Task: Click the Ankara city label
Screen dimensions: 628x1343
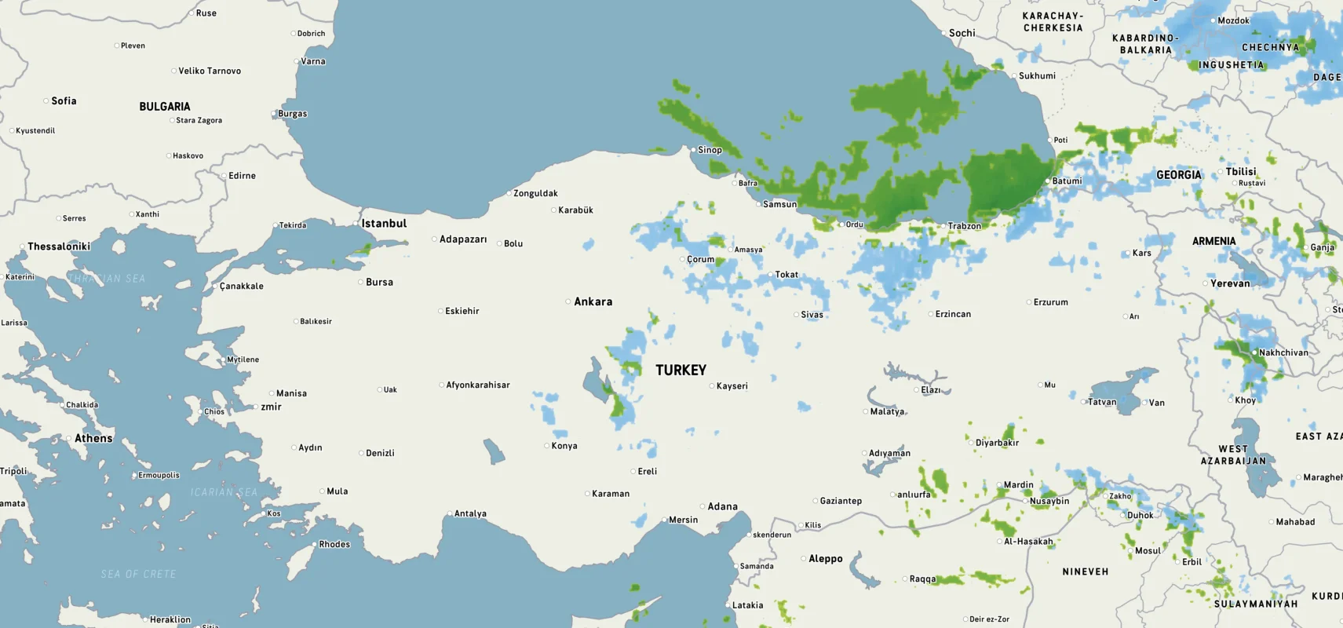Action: point(593,301)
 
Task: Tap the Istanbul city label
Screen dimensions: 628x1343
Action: point(384,224)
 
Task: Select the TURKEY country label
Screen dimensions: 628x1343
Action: point(681,370)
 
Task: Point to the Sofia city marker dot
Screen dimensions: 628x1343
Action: point(46,101)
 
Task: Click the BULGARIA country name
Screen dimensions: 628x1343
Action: point(165,107)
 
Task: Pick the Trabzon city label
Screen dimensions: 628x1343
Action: point(964,226)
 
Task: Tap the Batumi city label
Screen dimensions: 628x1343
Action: point(1067,181)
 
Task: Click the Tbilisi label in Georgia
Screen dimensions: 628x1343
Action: point(1241,172)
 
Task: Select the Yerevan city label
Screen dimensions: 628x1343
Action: point(1230,283)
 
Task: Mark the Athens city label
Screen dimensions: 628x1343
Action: point(93,438)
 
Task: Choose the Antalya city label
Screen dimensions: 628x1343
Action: point(470,514)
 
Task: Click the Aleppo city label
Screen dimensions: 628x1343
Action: point(825,559)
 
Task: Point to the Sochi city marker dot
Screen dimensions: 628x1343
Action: point(944,33)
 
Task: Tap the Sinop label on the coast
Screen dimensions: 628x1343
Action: point(710,150)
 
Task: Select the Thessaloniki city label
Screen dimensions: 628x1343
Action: point(59,246)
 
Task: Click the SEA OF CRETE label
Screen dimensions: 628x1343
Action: point(138,575)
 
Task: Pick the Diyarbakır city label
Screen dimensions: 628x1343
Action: point(997,443)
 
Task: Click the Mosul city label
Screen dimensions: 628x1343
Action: point(1148,551)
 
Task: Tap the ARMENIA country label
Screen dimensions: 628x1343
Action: point(1213,242)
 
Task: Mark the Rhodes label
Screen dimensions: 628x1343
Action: point(334,544)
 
